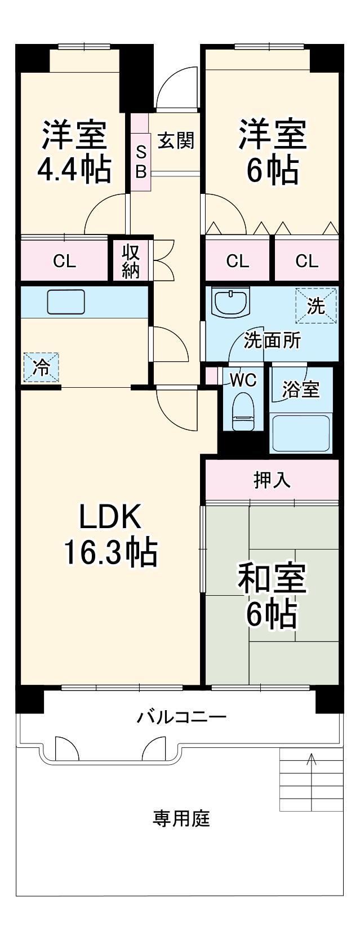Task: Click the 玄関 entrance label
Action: coord(176,140)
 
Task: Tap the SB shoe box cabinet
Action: coord(140,152)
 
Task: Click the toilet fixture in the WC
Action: coord(243,411)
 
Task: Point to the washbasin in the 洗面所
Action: coord(231,302)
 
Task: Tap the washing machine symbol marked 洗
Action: coord(317,305)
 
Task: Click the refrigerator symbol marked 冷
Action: coord(41,367)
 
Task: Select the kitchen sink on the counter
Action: coord(66,302)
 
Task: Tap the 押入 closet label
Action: coord(272,480)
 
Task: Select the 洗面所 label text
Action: coord(273,340)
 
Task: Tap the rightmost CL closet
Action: coord(307,261)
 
